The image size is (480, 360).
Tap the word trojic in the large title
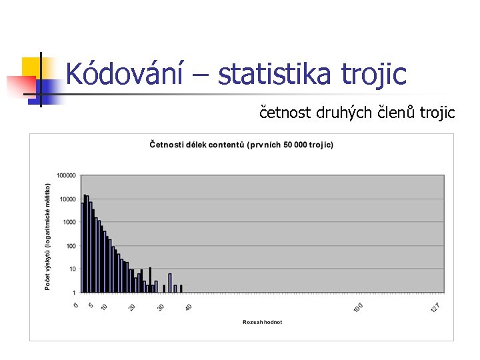coord(374,74)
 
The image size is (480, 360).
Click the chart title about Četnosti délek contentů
coord(241,145)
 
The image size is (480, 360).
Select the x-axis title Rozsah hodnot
coord(262,322)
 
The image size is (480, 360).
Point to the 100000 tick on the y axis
coord(65,176)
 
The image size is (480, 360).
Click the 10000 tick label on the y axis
coord(67,199)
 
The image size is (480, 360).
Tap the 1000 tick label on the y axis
coord(69,223)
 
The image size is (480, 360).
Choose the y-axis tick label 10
coord(72,269)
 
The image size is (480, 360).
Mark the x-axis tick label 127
coord(437,307)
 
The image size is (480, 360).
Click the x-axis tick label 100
coord(359,307)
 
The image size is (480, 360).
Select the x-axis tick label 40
coord(189,307)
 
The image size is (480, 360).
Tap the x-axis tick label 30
coord(161,307)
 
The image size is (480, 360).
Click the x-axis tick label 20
coord(132,307)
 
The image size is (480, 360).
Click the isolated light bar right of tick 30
coord(170,283)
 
